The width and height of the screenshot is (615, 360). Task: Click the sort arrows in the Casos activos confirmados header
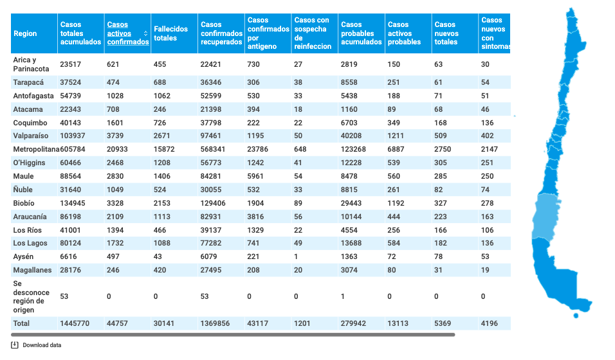pyautogui.click(x=145, y=33)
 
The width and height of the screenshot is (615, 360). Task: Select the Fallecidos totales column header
pyautogui.click(x=170, y=33)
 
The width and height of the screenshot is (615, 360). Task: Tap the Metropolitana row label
pyautogui.click(x=36, y=149)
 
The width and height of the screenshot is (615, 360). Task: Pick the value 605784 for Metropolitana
pyautogui.click(x=73, y=149)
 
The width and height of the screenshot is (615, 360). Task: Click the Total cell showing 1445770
pyautogui.click(x=75, y=323)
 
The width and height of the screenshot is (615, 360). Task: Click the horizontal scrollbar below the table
pyautogui.click(x=233, y=335)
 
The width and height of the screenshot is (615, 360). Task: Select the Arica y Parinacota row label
pyautogui.click(x=31, y=64)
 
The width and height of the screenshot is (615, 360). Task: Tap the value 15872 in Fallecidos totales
pyautogui.click(x=164, y=149)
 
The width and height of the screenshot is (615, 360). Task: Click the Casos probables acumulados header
pyautogui.click(x=362, y=33)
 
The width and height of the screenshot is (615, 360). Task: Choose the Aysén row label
pyautogui.click(x=23, y=257)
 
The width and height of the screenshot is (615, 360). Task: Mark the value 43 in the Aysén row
pyautogui.click(x=158, y=257)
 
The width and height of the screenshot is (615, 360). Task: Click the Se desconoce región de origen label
pyautogui.click(x=31, y=297)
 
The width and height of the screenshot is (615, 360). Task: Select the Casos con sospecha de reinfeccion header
pyautogui.click(x=313, y=33)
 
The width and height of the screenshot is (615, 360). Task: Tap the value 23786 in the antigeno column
pyautogui.click(x=258, y=149)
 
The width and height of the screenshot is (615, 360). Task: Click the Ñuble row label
pyautogui.click(x=23, y=190)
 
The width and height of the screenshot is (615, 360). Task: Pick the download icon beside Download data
pyautogui.click(x=15, y=345)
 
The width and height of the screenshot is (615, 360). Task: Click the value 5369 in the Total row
pyautogui.click(x=443, y=323)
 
